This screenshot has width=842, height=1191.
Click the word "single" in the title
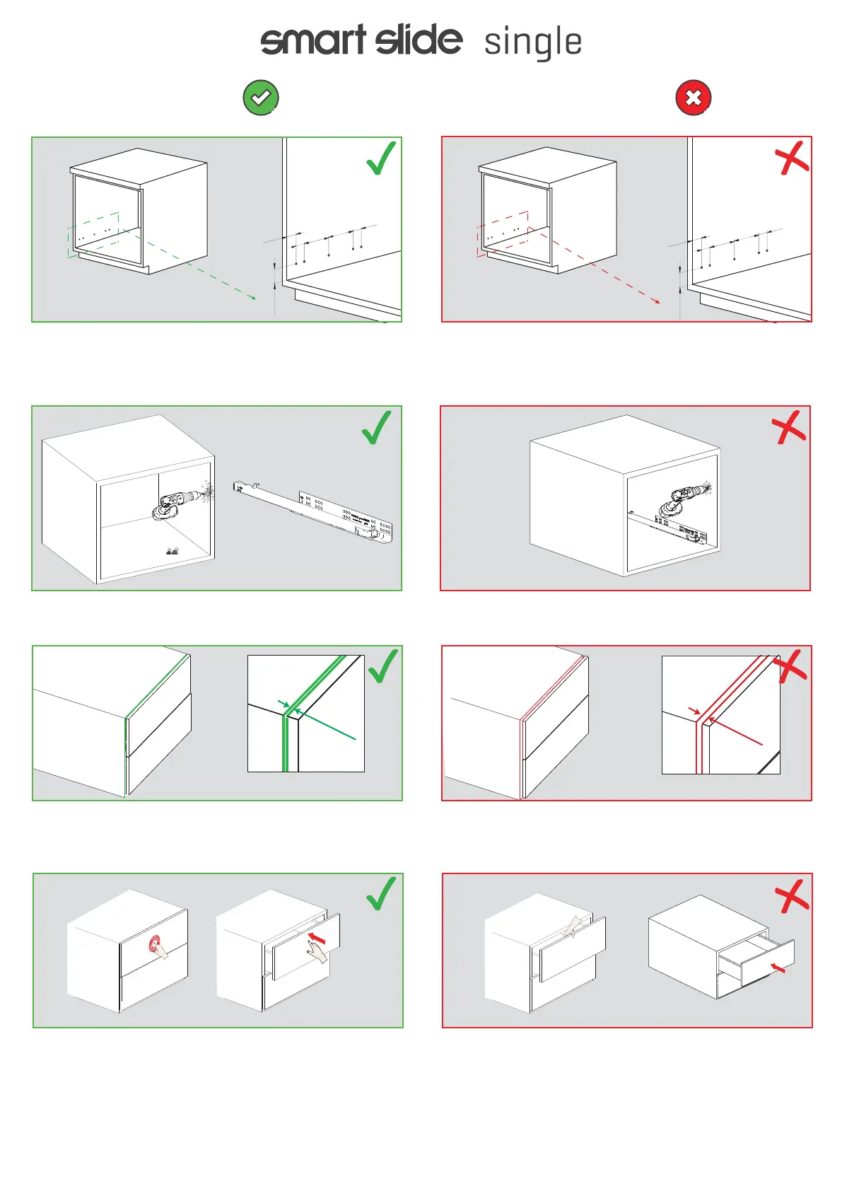(533, 42)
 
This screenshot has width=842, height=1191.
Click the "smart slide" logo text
(361, 40)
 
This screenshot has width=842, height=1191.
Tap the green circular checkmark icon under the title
(261, 98)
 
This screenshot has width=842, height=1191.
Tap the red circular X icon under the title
(694, 98)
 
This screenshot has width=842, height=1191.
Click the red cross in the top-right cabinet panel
(792, 158)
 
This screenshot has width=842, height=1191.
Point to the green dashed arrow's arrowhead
(253, 298)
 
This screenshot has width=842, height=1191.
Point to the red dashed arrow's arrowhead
(657, 301)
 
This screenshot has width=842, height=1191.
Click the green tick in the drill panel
(376, 428)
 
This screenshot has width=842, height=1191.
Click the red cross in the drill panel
(788, 427)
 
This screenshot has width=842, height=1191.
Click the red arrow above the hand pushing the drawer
(317, 939)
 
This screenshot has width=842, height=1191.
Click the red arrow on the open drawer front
(778, 967)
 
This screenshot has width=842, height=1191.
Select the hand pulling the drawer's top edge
(574, 925)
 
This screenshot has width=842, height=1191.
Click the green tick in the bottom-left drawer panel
(381, 893)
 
